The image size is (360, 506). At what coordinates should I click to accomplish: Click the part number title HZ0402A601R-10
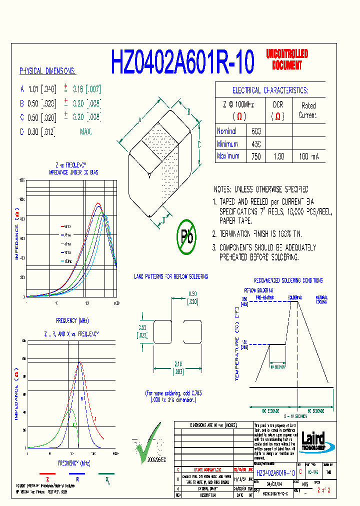point(182,62)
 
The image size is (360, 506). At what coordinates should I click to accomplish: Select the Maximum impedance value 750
point(256,156)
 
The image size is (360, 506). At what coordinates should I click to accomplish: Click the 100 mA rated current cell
point(308,156)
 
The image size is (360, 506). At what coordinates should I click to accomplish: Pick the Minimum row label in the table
point(227,144)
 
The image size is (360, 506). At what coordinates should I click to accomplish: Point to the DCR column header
point(278,105)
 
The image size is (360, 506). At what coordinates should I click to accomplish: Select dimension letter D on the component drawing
point(164,219)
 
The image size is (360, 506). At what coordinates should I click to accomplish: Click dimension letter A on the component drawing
point(140,120)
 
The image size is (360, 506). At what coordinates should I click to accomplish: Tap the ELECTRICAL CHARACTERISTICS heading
point(270,90)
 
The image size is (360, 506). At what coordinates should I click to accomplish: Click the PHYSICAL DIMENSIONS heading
point(47,71)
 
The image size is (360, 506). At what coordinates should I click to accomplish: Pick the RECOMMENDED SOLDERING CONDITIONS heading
point(288,280)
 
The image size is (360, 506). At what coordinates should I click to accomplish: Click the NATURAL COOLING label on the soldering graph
point(321,299)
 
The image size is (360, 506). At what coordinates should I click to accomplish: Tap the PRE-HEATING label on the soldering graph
point(265,297)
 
